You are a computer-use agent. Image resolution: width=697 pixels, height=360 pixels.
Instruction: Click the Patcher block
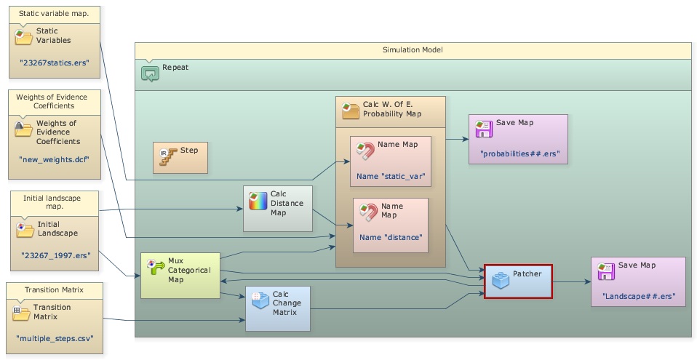click(518, 281)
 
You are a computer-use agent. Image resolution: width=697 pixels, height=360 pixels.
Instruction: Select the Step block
click(180, 157)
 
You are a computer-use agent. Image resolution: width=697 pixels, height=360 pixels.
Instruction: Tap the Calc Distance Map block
click(277, 209)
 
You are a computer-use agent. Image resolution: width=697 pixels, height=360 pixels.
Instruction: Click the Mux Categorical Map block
click(180, 275)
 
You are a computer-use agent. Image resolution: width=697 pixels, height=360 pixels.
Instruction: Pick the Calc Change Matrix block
click(278, 308)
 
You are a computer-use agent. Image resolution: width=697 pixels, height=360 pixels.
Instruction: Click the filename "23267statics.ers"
click(54, 63)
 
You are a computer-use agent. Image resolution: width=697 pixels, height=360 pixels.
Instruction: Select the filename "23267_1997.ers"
click(54, 256)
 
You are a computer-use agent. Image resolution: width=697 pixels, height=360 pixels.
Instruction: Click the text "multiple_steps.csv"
click(54, 338)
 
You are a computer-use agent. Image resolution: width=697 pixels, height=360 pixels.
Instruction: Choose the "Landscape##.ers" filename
click(638, 296)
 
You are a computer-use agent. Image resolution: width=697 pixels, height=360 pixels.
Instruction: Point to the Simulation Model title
click(413, 49)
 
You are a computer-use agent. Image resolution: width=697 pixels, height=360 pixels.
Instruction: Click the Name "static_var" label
click(390, 176)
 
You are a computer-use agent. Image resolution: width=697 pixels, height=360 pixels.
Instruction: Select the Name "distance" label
click(391, 237)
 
